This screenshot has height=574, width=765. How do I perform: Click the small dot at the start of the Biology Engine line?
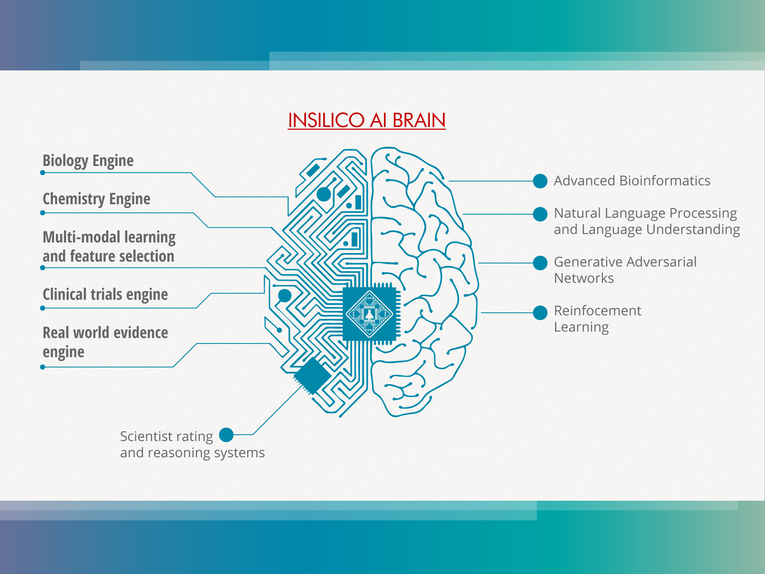[x=43, y=173]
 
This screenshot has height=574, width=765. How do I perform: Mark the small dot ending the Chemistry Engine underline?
[x=43, y=212]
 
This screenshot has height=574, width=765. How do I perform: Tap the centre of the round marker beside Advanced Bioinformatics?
[x=540, y=181]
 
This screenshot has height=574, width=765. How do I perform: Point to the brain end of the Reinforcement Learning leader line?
[x=481, y=313]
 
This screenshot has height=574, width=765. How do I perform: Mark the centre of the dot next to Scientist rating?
[x=226, y=435]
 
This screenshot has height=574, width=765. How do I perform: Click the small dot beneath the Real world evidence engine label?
[x=43, y=366]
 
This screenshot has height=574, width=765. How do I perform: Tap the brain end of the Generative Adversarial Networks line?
[x=479, y=263]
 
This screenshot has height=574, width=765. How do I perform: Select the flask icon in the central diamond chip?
[x=370, y=314]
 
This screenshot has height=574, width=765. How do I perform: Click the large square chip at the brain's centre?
[x=370, y=314]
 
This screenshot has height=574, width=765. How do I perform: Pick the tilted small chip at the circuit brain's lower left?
[x=312, y=375]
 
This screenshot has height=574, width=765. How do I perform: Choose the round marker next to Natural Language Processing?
[x=540, y=214]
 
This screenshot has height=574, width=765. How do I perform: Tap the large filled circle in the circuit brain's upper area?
[x=324, y=194]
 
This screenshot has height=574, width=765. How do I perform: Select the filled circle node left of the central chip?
[x=285, y=296]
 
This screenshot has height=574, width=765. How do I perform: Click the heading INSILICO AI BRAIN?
[x=367, y=121]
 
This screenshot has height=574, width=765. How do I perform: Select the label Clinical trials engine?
[x=105, y=295]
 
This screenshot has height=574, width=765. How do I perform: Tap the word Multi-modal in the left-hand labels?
[x=82, y=237]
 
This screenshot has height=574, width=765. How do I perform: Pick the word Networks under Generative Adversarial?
[x=584, y=278]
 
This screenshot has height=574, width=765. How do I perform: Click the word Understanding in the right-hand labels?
[x=693, y=230]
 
